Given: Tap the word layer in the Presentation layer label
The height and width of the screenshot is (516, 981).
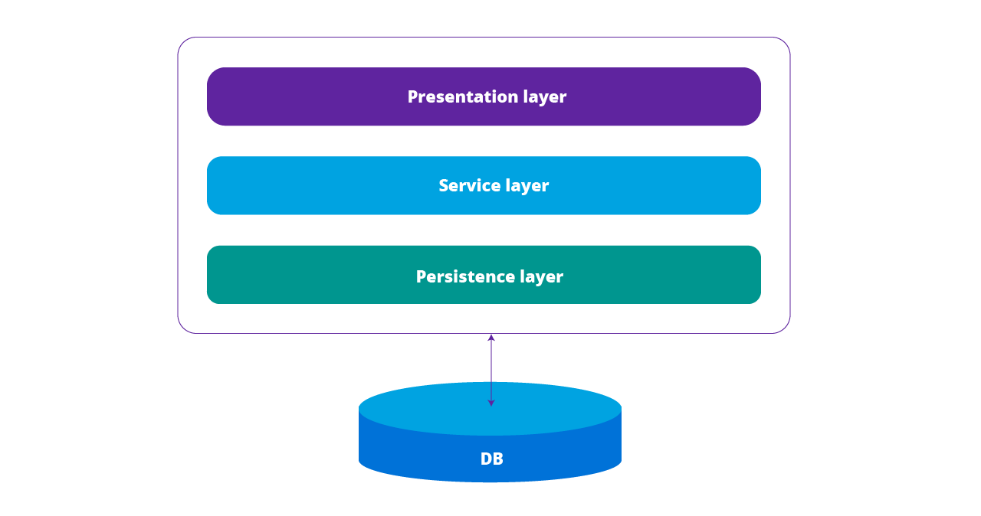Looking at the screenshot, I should tap(545, 97).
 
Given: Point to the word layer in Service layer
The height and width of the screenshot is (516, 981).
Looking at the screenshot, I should tap(527, 186).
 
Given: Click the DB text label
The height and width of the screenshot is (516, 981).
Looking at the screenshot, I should tap(491, 459).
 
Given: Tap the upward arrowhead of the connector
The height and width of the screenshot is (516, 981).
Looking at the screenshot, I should tap(491, 338).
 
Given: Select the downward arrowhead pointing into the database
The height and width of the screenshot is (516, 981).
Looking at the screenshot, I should tap(491, 402).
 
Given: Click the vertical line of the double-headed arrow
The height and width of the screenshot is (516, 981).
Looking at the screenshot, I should tap(491, 370).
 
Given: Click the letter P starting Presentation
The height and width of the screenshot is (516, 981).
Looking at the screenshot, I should tap(412, 97).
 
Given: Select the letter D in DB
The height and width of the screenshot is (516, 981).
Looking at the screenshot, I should tap(486, 459).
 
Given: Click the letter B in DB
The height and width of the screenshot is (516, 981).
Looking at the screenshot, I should tap(497, 459).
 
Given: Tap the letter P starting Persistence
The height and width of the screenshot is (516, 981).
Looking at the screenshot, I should tap(421, 276).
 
